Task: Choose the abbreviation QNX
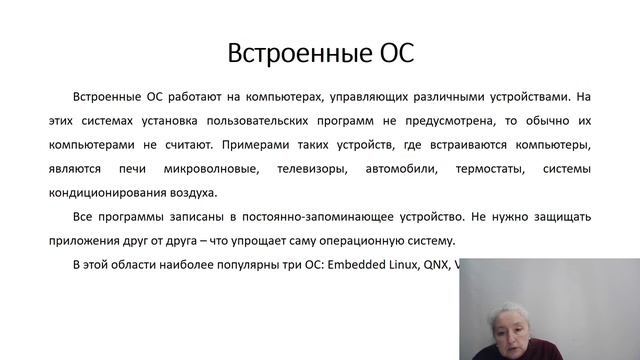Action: [433, 265]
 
